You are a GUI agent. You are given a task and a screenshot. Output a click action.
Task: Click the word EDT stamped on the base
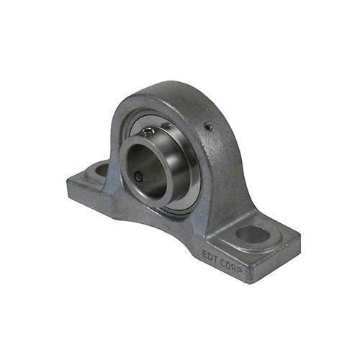210,256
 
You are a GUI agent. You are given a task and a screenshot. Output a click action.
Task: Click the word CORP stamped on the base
231,266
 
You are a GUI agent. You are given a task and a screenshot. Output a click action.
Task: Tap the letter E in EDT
205,254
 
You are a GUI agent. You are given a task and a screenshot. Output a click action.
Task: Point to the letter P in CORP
240,270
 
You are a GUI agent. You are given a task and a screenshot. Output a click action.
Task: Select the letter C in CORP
223,263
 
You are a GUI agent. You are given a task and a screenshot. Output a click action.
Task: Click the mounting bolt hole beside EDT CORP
253,234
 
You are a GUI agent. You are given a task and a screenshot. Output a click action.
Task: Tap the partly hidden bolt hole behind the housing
102,168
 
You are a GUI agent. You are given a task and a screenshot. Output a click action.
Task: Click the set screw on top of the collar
148,131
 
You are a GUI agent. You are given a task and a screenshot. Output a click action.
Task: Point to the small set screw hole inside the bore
139,177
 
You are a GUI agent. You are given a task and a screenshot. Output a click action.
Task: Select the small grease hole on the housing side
208,126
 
